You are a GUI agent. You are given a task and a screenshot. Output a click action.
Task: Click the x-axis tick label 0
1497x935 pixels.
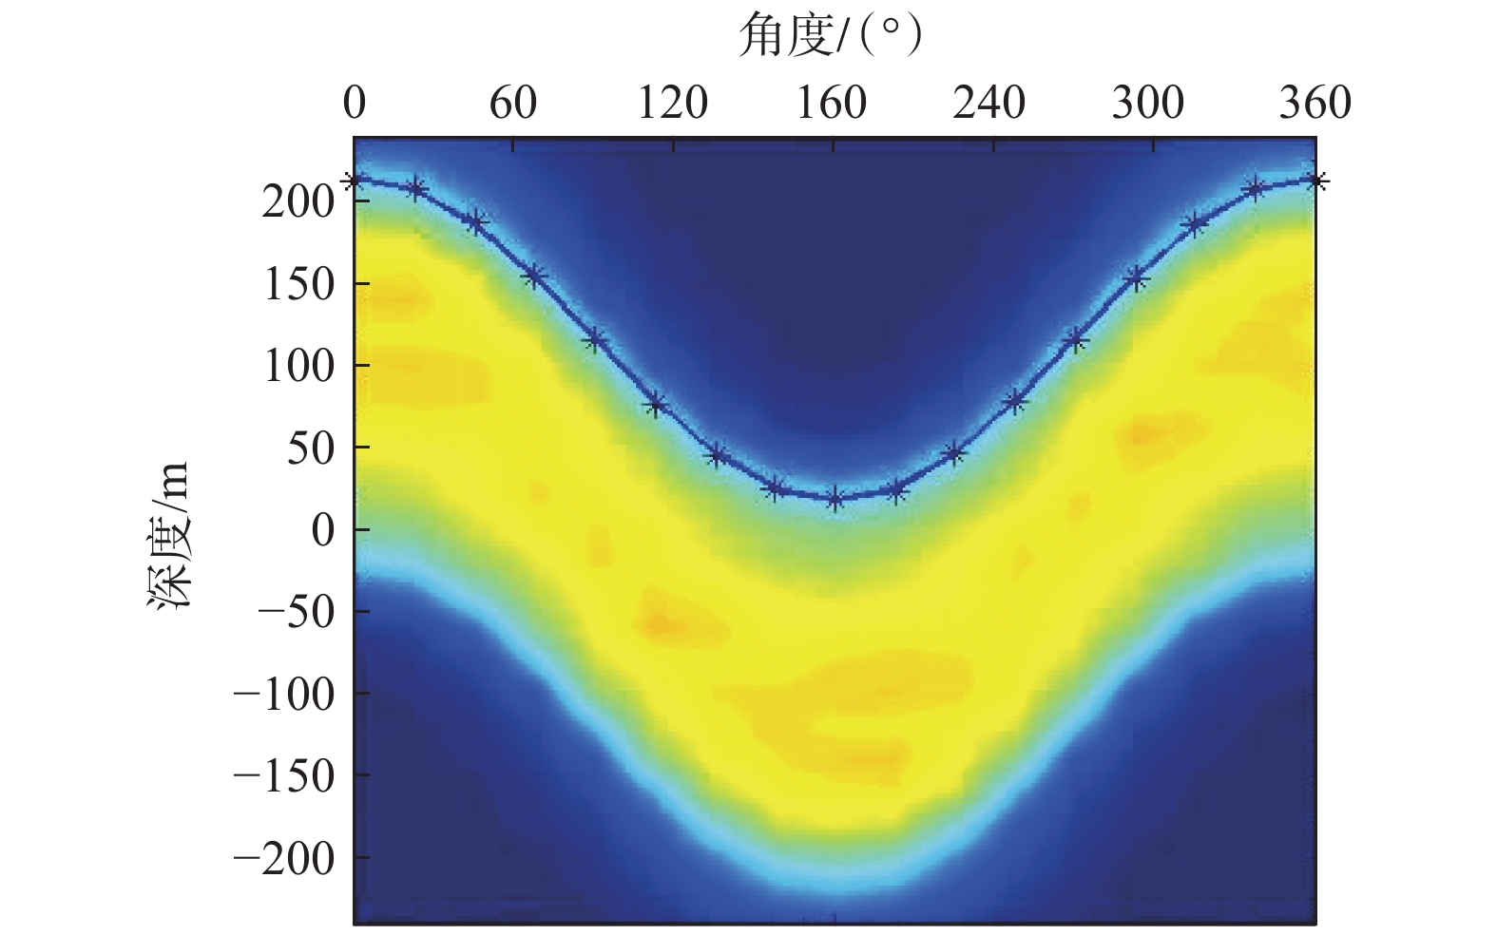[x=355, y=103]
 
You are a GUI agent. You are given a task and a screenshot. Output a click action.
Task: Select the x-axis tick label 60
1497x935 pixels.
[x=513, y=103]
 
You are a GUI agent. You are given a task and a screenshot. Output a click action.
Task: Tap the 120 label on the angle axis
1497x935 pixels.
[x=672, y=103]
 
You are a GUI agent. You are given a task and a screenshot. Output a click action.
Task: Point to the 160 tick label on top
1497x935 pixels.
[x=832, y=103]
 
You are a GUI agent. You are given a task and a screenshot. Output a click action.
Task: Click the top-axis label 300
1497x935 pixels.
[x=1148, y=103]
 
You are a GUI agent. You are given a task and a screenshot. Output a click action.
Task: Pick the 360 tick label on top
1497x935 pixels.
[x=1315, y=103]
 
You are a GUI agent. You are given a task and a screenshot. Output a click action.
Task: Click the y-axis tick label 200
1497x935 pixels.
[x=297, y=201]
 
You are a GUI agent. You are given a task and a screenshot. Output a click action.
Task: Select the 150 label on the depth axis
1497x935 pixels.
[x=297, y=283]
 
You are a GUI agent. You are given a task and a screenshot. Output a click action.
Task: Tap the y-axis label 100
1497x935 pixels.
[x=297, y=365]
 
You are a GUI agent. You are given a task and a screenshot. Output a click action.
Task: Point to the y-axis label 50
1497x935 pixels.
[x=311, y=447]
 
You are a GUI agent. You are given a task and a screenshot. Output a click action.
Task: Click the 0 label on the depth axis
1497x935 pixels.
[x=324, y=528]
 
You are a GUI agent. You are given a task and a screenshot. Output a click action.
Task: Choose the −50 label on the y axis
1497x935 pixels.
[x=297, y=610]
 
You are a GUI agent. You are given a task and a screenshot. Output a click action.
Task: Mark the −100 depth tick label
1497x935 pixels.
[x=283, y=693]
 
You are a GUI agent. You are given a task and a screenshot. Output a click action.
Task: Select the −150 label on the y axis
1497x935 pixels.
[x=283, y=774]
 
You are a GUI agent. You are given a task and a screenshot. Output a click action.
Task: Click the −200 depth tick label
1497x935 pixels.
[x=283, y=857]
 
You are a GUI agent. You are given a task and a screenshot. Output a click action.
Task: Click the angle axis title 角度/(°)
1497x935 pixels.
[x=831, y=37]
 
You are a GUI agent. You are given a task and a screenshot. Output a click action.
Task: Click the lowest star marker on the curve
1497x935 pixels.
[x=835, y=498]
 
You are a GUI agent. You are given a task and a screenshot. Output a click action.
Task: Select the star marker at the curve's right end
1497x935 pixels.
[x=1316, y=180]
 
